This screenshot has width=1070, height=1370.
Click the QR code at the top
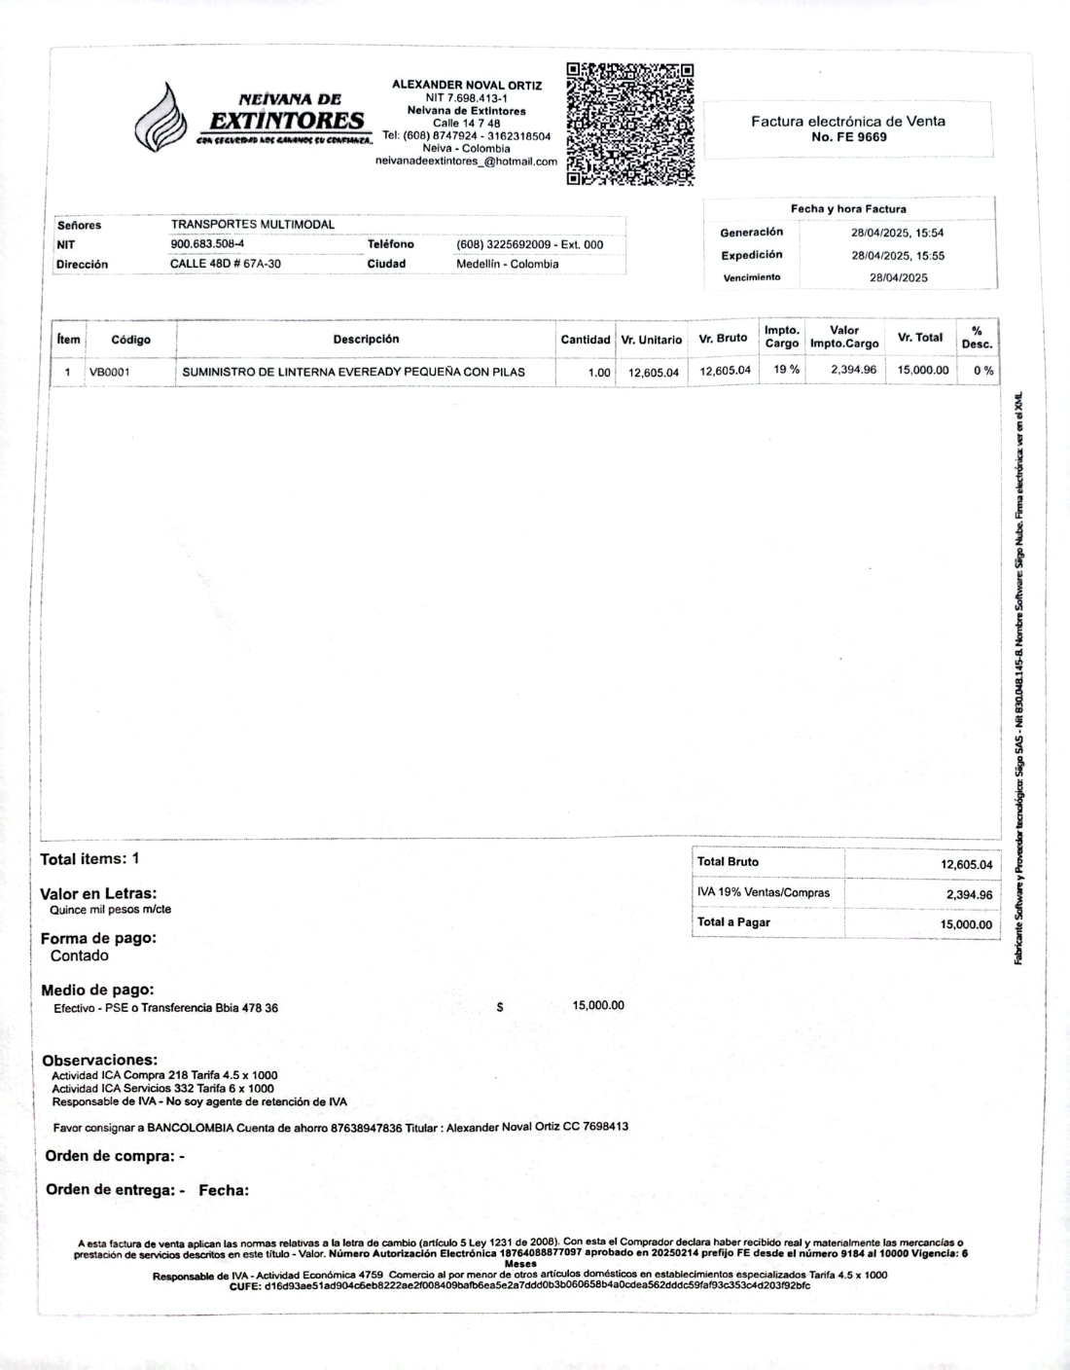point(630,124)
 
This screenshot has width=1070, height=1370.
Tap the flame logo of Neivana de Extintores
point(161,119)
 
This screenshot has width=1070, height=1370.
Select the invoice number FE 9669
point(848,137)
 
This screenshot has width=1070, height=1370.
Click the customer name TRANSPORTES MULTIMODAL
point(253,225)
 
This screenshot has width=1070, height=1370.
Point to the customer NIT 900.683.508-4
point(207,244)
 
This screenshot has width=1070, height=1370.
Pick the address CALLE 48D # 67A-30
point(226,264)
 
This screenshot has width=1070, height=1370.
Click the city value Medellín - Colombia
point(507,264)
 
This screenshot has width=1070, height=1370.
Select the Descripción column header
point(366,340)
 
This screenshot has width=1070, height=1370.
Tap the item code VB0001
point(110,372)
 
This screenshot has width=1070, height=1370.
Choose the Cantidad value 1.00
point(599,372)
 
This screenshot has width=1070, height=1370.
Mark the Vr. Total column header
point(919,338)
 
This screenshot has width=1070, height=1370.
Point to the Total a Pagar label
point(733,922)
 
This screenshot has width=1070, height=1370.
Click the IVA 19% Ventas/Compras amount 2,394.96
point(969,895)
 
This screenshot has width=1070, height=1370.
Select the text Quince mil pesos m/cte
point(111,910)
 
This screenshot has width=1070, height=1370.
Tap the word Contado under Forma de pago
point(80,955)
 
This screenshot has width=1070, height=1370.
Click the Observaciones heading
point(99,1060)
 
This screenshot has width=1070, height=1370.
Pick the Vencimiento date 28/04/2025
point(898,277)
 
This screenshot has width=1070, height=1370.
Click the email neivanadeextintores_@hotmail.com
point(466,162)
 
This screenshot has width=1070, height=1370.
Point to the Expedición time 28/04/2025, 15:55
point(898,256)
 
